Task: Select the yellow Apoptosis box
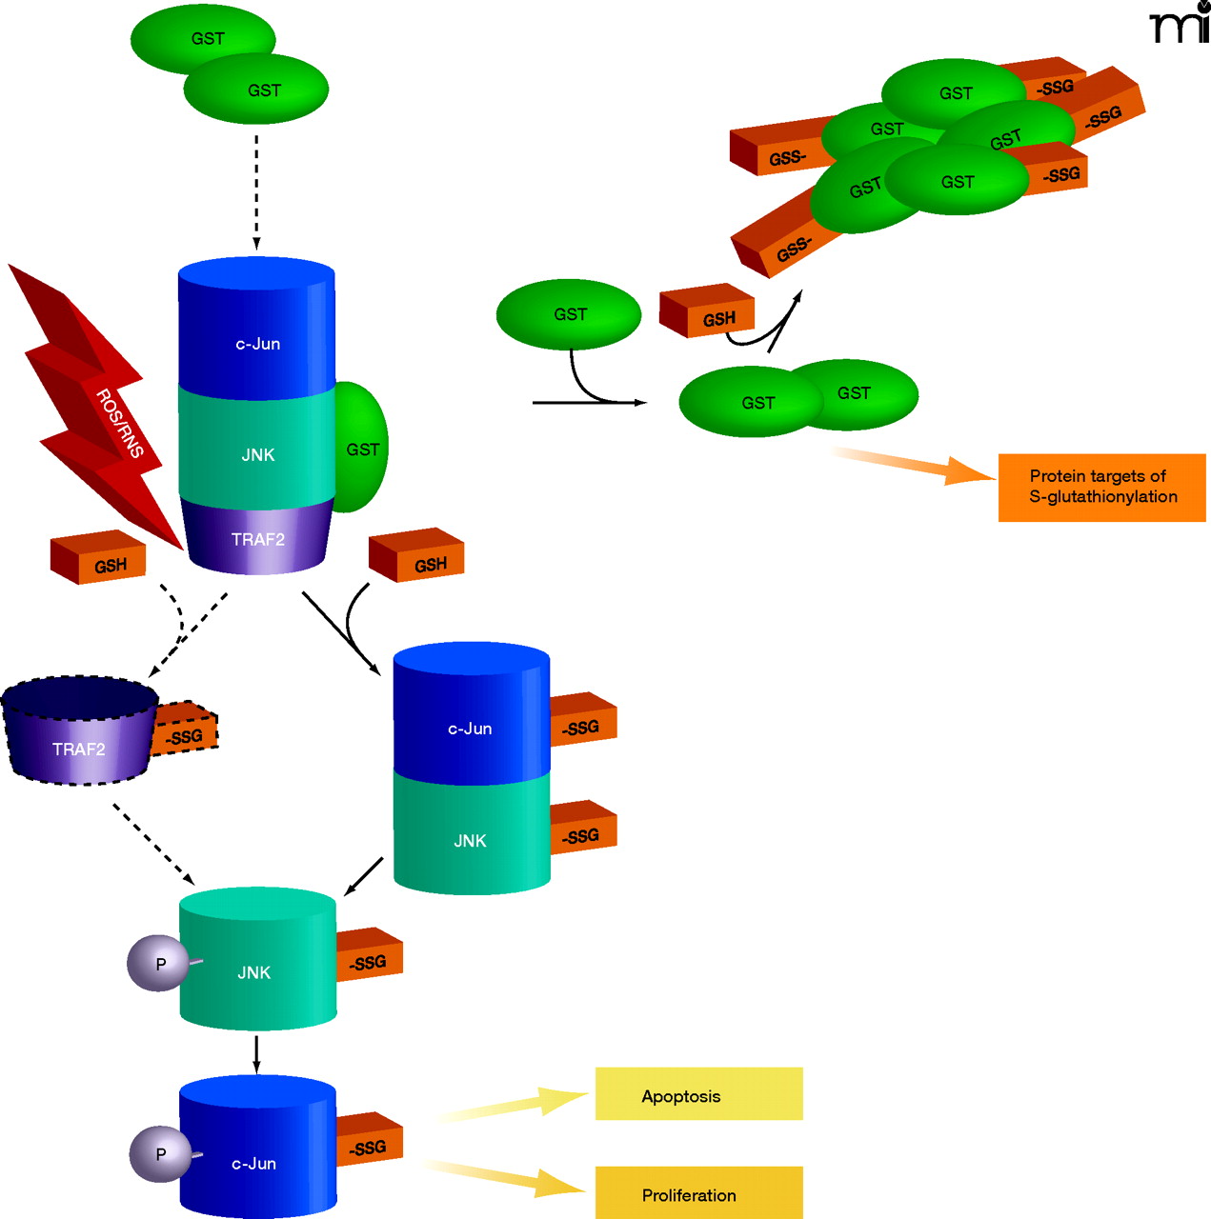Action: [x=698, y=1094]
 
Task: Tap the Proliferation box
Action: [x=698, y=1193]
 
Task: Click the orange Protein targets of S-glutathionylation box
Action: [x=1101, y=488]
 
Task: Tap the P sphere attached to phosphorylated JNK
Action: [x=158, y=964]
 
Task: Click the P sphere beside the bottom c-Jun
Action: [x=160, y=1153]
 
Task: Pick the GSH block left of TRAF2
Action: [x=99, y=558]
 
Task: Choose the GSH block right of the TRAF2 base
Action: [x=417, y=556]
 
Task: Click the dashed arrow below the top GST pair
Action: [x=256, y=190]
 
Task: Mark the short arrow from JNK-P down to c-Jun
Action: [x=256, y=1052]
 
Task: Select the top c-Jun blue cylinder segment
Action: [x=257, y=329]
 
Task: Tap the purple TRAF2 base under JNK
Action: [x=257, y=537]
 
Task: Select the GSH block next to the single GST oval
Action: [x=708, y=311]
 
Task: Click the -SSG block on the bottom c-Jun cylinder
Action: [x=370, y=1139]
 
